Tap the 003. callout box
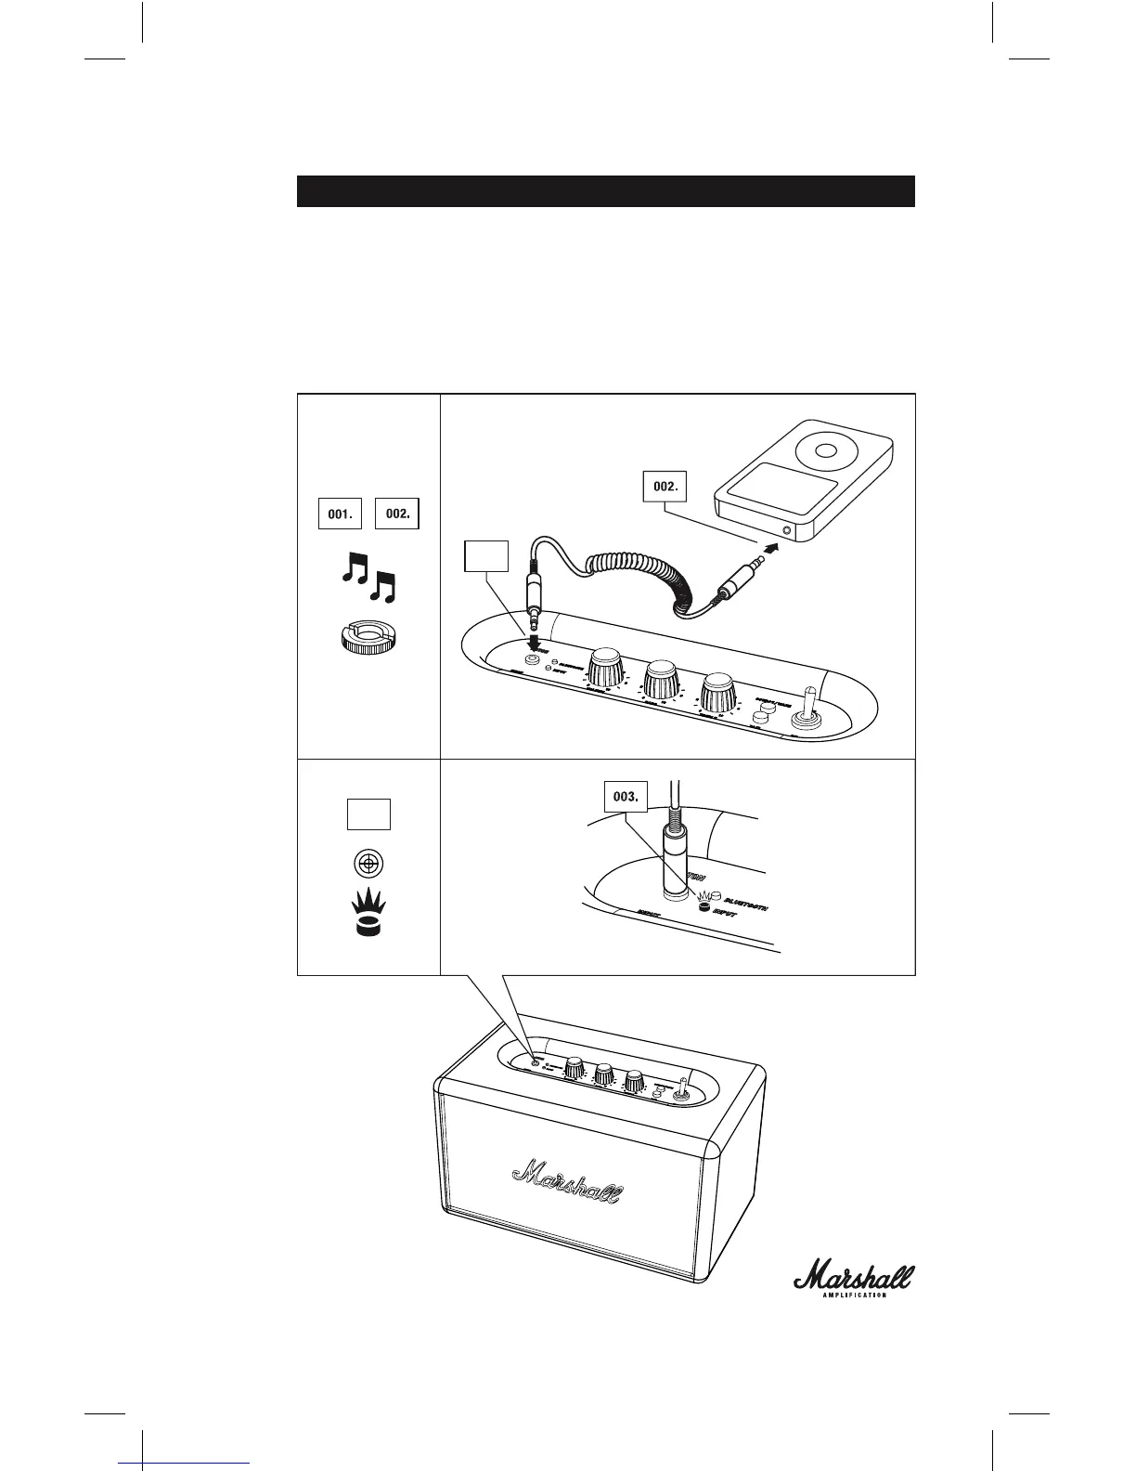[x=626, y=797]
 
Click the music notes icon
[x=368, y=578]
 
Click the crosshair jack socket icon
[x=368, y=864]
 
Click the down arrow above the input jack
[x=536, y=644]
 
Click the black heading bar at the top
[x=605, y=190]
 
